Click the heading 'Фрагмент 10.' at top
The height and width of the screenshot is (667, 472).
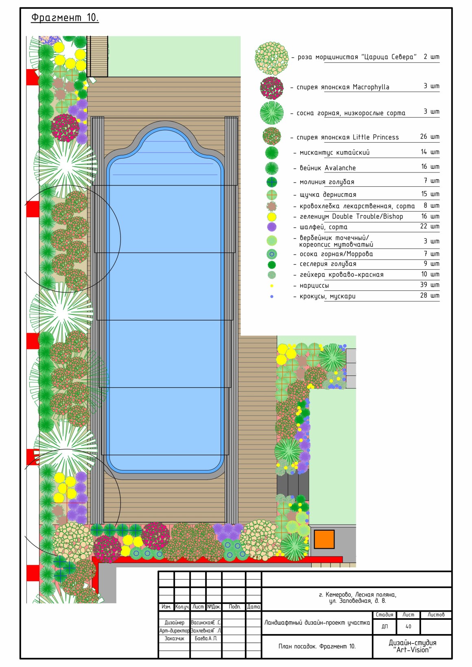65,18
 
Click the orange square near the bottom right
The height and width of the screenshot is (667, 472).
324,539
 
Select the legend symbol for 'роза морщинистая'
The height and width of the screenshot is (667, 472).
272,59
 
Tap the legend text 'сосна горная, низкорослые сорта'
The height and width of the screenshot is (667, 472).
351,113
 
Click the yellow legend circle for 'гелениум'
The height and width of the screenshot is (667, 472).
272,217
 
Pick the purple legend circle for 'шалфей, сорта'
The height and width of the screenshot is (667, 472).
272,227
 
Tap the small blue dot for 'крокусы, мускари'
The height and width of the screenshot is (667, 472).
272,296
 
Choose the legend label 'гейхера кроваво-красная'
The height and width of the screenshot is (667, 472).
341,275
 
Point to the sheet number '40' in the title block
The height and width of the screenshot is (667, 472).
408,626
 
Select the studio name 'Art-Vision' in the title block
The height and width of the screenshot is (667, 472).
413,650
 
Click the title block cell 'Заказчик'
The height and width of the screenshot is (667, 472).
174,639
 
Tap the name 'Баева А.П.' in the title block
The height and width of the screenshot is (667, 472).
206,639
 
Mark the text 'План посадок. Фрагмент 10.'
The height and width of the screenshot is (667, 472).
317,646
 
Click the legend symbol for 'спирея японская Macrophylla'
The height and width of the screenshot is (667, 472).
272,88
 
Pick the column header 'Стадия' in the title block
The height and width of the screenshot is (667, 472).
385,615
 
